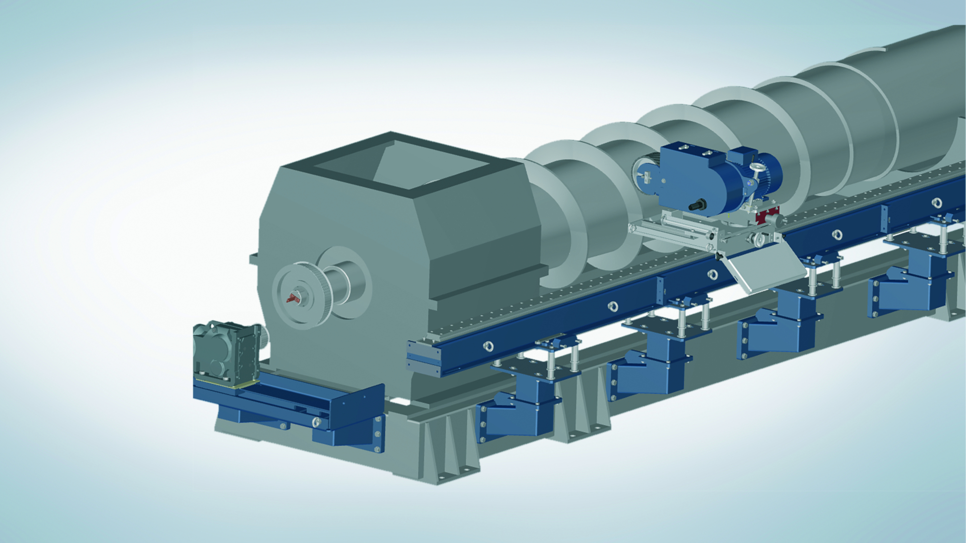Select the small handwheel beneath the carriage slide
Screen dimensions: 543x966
click(758, 240)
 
